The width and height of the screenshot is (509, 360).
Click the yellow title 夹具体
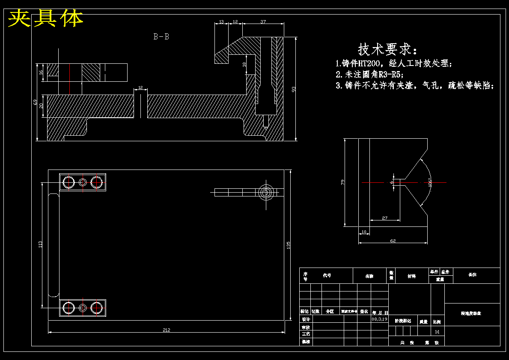(x=46, y=18)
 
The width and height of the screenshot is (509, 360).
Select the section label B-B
(x=161, y=37)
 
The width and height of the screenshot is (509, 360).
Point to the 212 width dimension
(x=167, y=330)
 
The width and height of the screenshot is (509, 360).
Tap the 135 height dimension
(x=289, y=245)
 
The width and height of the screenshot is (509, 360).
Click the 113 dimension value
(x=41, y=244)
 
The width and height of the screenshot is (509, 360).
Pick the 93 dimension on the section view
(x=294, y=89)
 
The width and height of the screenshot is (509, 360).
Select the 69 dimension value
(x=35, y=102)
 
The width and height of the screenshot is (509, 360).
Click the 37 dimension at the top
(x=263, y=21)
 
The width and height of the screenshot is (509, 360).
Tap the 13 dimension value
(x=221, y=21)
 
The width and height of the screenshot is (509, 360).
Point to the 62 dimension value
(x=393, y=241)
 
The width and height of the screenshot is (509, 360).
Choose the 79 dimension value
(x=342, y=182)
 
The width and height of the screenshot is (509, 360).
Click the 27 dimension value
(x=384, y=218)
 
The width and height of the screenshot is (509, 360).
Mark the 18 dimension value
(x=244, y=64)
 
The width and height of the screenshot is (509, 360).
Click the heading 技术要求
(x=387, y=49)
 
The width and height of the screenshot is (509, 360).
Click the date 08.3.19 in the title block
(x=379, y=319)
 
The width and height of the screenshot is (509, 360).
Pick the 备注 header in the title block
(x=472, y=275)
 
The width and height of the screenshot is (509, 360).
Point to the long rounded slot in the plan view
(x=54, y=245)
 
